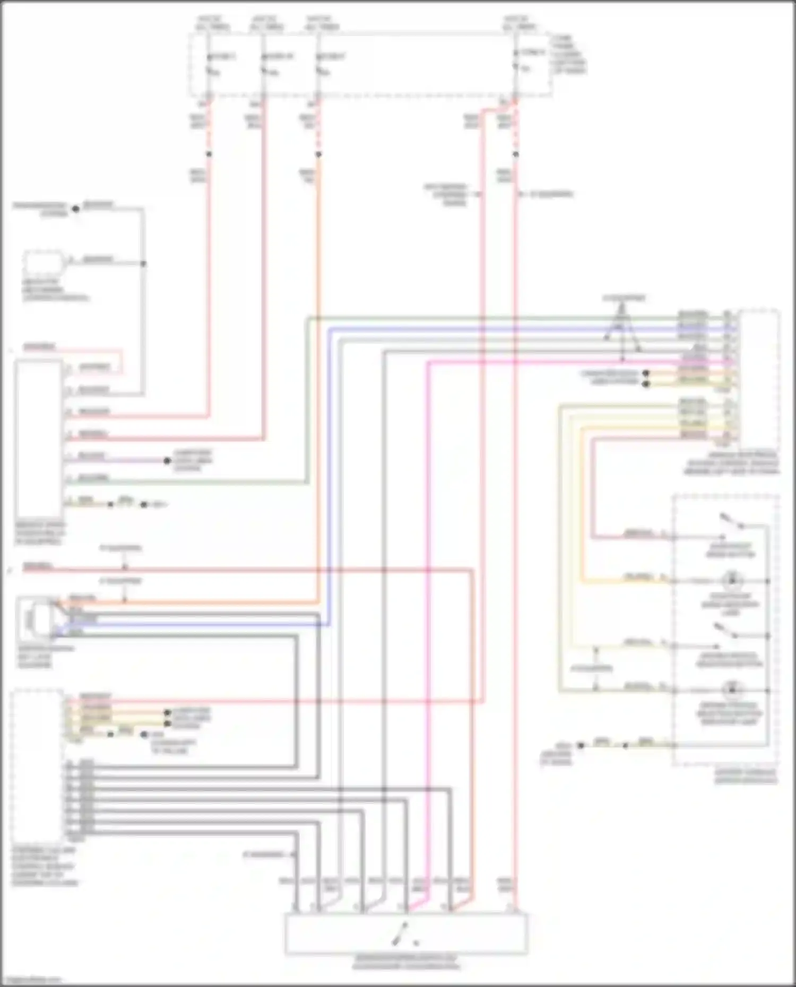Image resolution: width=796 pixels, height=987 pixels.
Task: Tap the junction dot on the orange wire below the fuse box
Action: [318, 154]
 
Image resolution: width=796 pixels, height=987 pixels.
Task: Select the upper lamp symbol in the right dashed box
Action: [732, 580]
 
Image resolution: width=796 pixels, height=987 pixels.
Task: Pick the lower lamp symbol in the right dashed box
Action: [732, 690]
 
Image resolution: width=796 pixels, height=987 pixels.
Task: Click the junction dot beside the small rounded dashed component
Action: [143, 264]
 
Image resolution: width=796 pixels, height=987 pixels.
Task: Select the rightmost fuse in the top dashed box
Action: [515, 67]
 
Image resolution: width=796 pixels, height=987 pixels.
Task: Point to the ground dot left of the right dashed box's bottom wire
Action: [581, 745]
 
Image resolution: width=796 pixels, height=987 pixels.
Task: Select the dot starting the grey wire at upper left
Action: [76, 209]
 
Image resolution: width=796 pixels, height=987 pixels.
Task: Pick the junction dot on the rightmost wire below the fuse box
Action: [515, 154]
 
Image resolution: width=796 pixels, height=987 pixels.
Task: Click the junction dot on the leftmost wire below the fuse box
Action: [209, 154]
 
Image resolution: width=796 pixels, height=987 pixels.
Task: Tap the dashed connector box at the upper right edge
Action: [759, 379]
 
